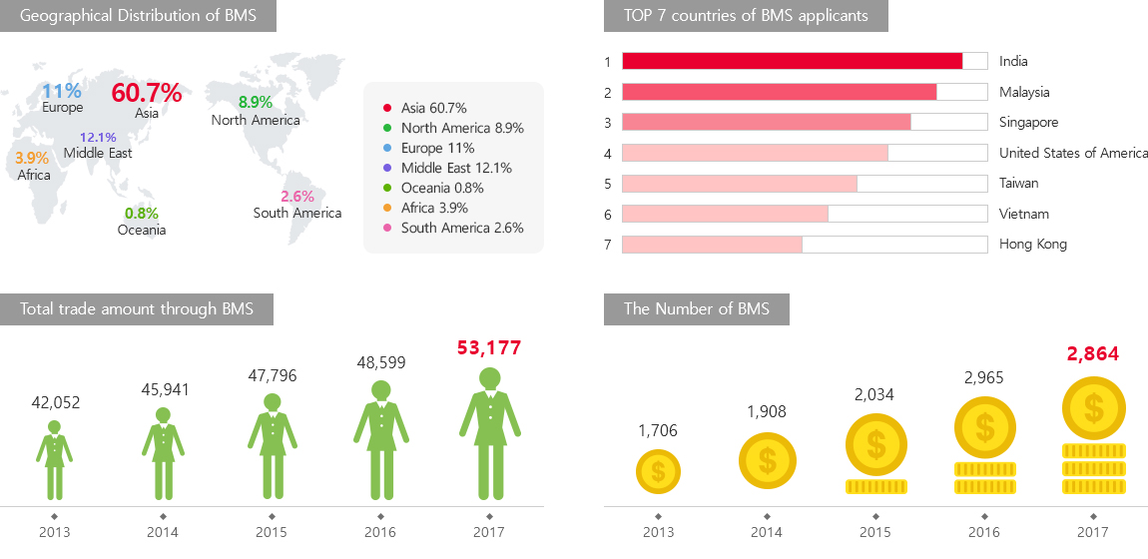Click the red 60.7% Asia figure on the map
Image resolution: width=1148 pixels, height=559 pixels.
click(x=147, y=93)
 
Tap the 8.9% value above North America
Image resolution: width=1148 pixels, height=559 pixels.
click(x=256, y=102)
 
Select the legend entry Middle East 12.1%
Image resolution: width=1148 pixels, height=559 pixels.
click(x=456, y=168)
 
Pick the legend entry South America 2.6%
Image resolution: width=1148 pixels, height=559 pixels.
click(x=462, y=228)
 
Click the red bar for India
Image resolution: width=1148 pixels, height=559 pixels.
click(x=792, y=61)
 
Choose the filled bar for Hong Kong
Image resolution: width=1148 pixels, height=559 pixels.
click(x=712, y=245)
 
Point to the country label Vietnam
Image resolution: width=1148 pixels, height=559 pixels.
click(x=1023, y=214)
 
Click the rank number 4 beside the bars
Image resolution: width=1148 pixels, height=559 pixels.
click(x=607, y=153)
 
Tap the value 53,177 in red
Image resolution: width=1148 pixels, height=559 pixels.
click(x=489, y=347)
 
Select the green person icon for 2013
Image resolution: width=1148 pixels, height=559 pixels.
click(x=54, y=459)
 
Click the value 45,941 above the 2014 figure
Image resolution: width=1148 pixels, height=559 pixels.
click(x=165, y=389)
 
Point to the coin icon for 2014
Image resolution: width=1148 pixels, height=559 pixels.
click(x=767, y=461)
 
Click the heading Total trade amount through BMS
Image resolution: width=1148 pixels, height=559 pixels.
click(x=137, y=309)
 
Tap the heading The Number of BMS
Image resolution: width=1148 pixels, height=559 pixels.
click(x=697, y=309)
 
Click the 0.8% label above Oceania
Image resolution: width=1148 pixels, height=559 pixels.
click(x=141, y=214)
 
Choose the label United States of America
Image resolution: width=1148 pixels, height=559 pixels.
click(x=1073, y=153)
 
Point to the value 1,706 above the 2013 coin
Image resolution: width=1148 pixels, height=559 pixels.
click(x=659, y=430)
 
